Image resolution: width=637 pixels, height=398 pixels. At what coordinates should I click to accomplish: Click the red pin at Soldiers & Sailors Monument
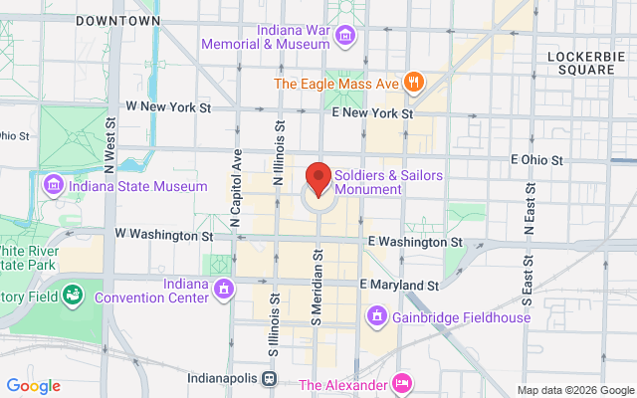coord(318,177)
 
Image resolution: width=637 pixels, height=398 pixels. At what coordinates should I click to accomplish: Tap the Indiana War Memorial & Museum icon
coord(345,37)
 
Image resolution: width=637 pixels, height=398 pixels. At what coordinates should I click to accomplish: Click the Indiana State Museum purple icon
coord(53,184)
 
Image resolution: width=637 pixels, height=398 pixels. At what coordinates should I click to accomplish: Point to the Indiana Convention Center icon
coord(224,290)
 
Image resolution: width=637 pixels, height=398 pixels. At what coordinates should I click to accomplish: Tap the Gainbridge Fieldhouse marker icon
coord(377,318)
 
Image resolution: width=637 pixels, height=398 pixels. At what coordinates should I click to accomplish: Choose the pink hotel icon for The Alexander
coord(402,384)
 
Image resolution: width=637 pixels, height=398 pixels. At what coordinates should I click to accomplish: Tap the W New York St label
coord(168,105)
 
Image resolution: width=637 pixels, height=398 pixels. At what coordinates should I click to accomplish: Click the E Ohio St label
coord(536,159)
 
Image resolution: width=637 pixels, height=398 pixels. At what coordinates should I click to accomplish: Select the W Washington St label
coord(163,236)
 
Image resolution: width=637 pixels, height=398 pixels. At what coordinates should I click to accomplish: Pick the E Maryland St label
coord(399,285)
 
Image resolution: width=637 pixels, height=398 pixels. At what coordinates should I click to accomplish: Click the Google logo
coord(33,386)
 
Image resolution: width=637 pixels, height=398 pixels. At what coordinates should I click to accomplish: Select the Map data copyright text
coord(575,389)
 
